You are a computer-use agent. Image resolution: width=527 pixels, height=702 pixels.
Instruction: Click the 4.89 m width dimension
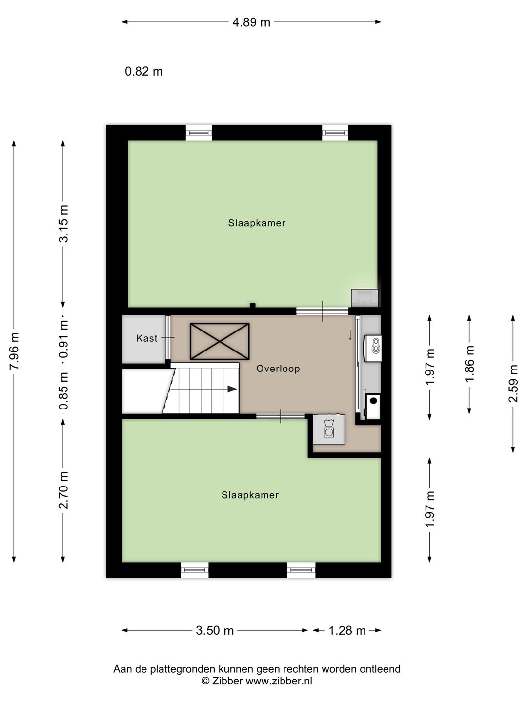pyautogui.click(x=251, y=22)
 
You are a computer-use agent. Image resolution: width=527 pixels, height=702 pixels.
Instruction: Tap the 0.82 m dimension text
pyautogui.click(x=143, y=71)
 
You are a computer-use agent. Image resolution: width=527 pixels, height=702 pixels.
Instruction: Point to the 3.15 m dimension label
pyautogui.click(x=63, y=224)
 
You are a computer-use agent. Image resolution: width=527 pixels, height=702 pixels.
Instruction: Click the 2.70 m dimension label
pyautogui.click(x=63, y=490)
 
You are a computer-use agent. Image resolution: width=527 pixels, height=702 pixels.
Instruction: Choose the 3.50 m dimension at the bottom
pyautogui.click(x=215, y=631)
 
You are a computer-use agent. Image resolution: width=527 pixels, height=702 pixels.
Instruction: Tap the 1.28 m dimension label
pyautogui.click(x=347, y=631)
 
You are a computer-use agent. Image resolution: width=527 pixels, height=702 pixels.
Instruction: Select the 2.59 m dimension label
pyautogui.click(x=513, y=384)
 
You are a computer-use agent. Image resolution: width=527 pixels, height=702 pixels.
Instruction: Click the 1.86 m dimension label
pyautogui.click(x=469, y=364)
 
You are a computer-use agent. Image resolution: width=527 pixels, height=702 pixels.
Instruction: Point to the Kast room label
pyautogui.click(x=147, y=338)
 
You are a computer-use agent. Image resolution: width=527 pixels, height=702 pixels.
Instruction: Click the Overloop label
pyautogui.click(x=278, y=369)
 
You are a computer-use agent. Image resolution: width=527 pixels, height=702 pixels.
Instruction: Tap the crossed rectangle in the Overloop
pyautogui.click(x=220, y=341)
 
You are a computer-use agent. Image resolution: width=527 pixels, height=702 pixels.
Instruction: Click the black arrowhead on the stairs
pyautogui.click(x=232, y=389)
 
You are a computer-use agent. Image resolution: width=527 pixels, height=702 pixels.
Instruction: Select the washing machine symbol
pyautogui.click(x=329, y=429)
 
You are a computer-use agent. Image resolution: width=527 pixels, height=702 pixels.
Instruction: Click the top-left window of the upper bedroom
pyautogui.click(x=199, y=133)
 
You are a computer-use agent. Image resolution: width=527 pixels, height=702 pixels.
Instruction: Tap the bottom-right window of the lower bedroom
pyautogui.click(x=301, y=570)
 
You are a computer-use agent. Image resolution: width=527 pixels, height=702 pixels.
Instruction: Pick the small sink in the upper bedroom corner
pyautogui.click(x=365, y=298)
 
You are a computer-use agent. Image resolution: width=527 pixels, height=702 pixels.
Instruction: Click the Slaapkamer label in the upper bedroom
pyautogui.click(x=257, y=223)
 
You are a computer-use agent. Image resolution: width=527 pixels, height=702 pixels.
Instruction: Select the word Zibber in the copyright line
pyautogui.click(x=227, y=681)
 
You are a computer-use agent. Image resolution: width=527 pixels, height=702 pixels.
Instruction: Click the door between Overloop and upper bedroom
pyautogui.click(x=322, y=311)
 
